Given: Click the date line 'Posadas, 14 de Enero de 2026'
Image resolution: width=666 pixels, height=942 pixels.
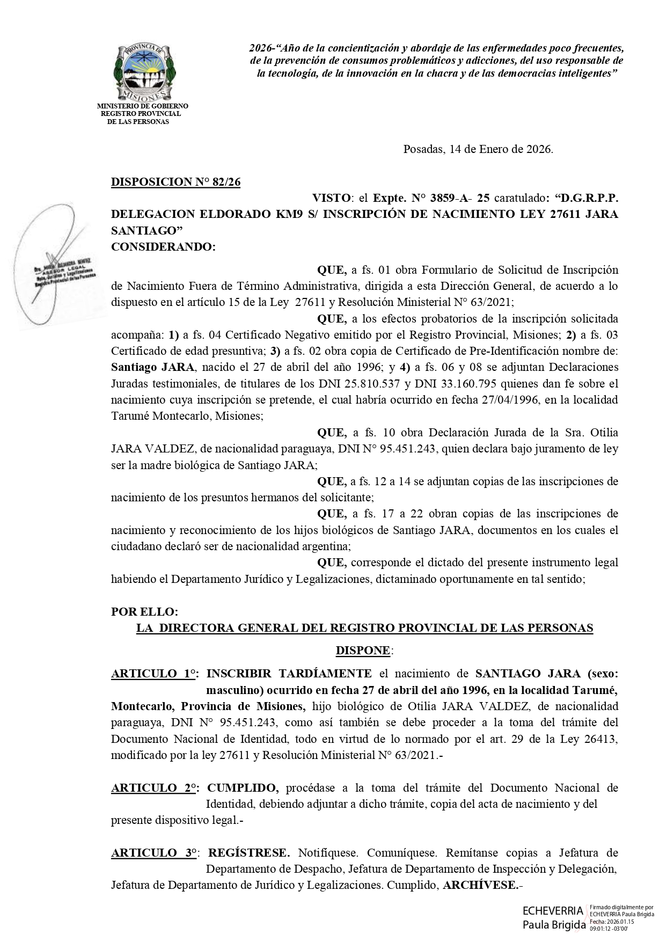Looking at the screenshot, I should point(478,149).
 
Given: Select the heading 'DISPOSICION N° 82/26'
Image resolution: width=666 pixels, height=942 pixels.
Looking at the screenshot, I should point(175,182).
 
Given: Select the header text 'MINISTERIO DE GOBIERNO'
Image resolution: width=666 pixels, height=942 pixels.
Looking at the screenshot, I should point(142,106).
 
